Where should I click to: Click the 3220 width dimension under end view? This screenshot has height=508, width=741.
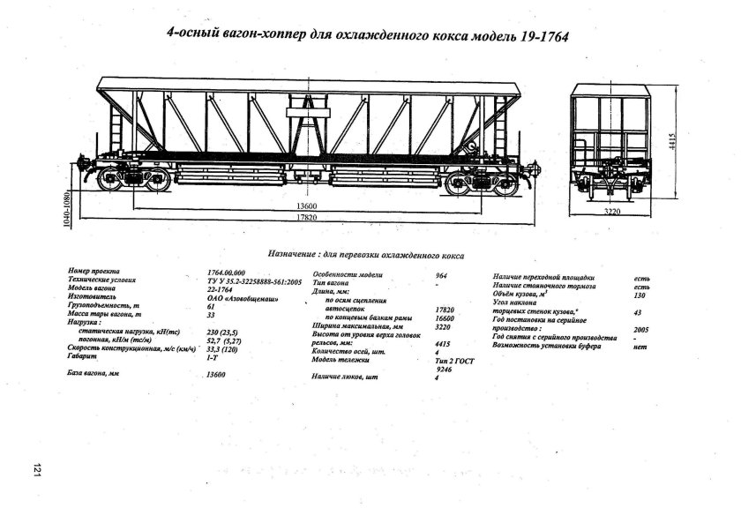[615, 212]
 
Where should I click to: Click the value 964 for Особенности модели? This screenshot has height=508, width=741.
[441, 275]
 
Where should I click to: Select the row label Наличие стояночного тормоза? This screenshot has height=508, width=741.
[545, 287]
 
